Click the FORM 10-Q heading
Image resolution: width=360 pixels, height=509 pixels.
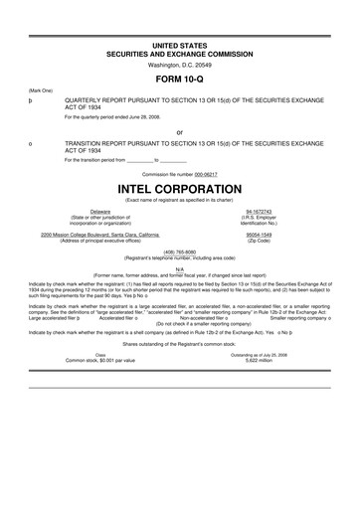pos(180,77)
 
